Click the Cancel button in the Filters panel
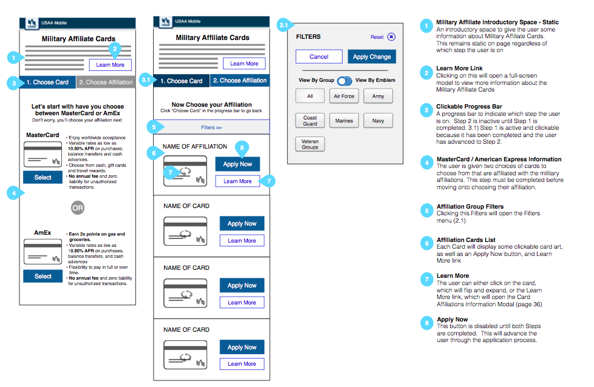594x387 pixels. [319, 56]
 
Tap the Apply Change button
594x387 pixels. [372, 56]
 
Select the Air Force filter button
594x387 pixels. [344, 96]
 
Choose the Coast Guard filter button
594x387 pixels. [310, 121]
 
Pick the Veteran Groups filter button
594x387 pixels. [310, 144]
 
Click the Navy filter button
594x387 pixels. [378, 121]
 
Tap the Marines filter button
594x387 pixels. [344, 121]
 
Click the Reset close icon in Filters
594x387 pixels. [391, 37]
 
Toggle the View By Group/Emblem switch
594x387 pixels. [344, 80]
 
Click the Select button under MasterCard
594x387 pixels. [43, 177]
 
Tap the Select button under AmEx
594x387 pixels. [43, 276]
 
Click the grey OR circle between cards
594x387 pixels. [77, 207]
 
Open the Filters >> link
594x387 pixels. [211, 127]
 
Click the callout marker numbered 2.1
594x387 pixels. [284, 25]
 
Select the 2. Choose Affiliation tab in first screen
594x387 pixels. [106, 82]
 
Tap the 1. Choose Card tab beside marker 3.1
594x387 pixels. [181, 81]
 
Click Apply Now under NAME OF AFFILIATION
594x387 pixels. [237, 164]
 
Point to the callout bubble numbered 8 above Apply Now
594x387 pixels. [242, 147]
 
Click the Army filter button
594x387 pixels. [378, 96]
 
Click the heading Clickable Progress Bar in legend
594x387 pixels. [469, 107]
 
